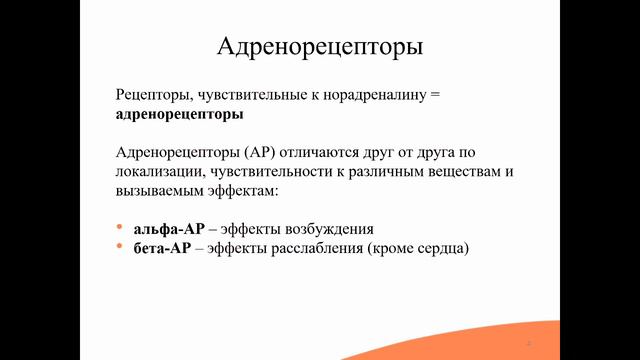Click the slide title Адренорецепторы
pyautogui.click(x=319, y=46)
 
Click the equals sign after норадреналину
pyautogui.click(x=433, y=95)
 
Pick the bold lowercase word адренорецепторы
pyautogui.click(x=179, y=114)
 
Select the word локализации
pyautogui.click(x=161, y=171)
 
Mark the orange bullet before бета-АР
pyautogui.click(x=120, y=247)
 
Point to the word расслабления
pyautogui.click(x=324, y=247)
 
